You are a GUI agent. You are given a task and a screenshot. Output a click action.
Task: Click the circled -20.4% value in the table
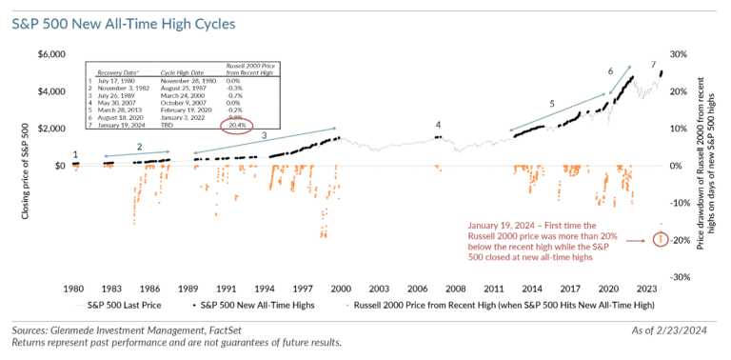(x=233, y=126)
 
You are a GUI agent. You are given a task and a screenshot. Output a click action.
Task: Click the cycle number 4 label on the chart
(x=438, y=125)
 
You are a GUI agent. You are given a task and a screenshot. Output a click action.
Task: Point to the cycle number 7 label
(x=653, y=65)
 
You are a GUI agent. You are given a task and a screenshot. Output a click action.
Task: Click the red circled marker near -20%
(x=662, y=239)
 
